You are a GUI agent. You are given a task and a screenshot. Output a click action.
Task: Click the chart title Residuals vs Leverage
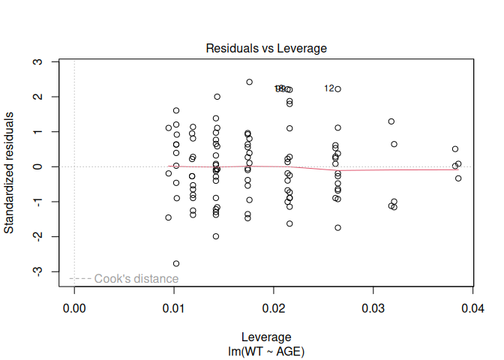point(266,49)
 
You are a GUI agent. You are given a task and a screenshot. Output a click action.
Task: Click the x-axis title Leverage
point(266,337)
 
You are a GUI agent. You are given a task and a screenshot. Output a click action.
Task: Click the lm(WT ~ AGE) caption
point(266,350)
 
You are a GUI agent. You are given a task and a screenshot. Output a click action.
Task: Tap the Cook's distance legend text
point(136,279)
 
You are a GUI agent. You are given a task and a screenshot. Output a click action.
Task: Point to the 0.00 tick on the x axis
point(74,308)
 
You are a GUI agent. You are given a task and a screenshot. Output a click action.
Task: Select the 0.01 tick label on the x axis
point(174,308)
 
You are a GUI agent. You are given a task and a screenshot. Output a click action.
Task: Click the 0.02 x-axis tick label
point(274,308)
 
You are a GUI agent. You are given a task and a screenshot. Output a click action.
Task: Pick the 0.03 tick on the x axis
point(373,308)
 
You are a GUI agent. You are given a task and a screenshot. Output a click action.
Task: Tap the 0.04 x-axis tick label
point(472,308)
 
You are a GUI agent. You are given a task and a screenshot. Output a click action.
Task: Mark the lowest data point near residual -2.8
point(176,263)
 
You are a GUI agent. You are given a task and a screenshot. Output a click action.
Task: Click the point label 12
point(329,88)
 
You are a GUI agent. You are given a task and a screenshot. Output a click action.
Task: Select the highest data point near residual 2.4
point(249,82)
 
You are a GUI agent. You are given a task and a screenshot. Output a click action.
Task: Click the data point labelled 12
point(338,88)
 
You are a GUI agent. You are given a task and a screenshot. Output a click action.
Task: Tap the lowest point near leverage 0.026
point(337,227)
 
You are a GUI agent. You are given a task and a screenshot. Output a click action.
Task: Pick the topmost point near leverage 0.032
point(391,121)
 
